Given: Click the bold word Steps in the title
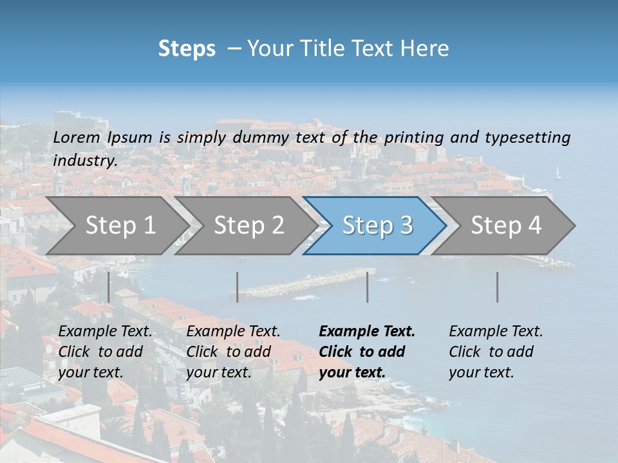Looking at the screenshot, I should tap(187, 49).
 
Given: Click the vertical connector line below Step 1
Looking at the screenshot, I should tap(109, 287).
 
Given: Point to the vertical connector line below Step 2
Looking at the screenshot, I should tap(238, 287).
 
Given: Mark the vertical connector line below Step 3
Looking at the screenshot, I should tap(368, 287).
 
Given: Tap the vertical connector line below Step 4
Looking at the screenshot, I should tap(498, 287).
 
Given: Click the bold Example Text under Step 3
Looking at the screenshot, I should tap(367, 332).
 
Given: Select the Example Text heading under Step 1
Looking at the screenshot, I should tap(105, 332).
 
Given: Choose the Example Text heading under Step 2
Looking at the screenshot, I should tap(233, 332).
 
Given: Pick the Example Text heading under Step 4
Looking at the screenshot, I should tap(496, 332).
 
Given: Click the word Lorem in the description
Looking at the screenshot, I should tap(76, 138).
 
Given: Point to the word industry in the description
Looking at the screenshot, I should tap(84, 161).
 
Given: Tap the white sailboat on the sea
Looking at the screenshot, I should tap(558, 172).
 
